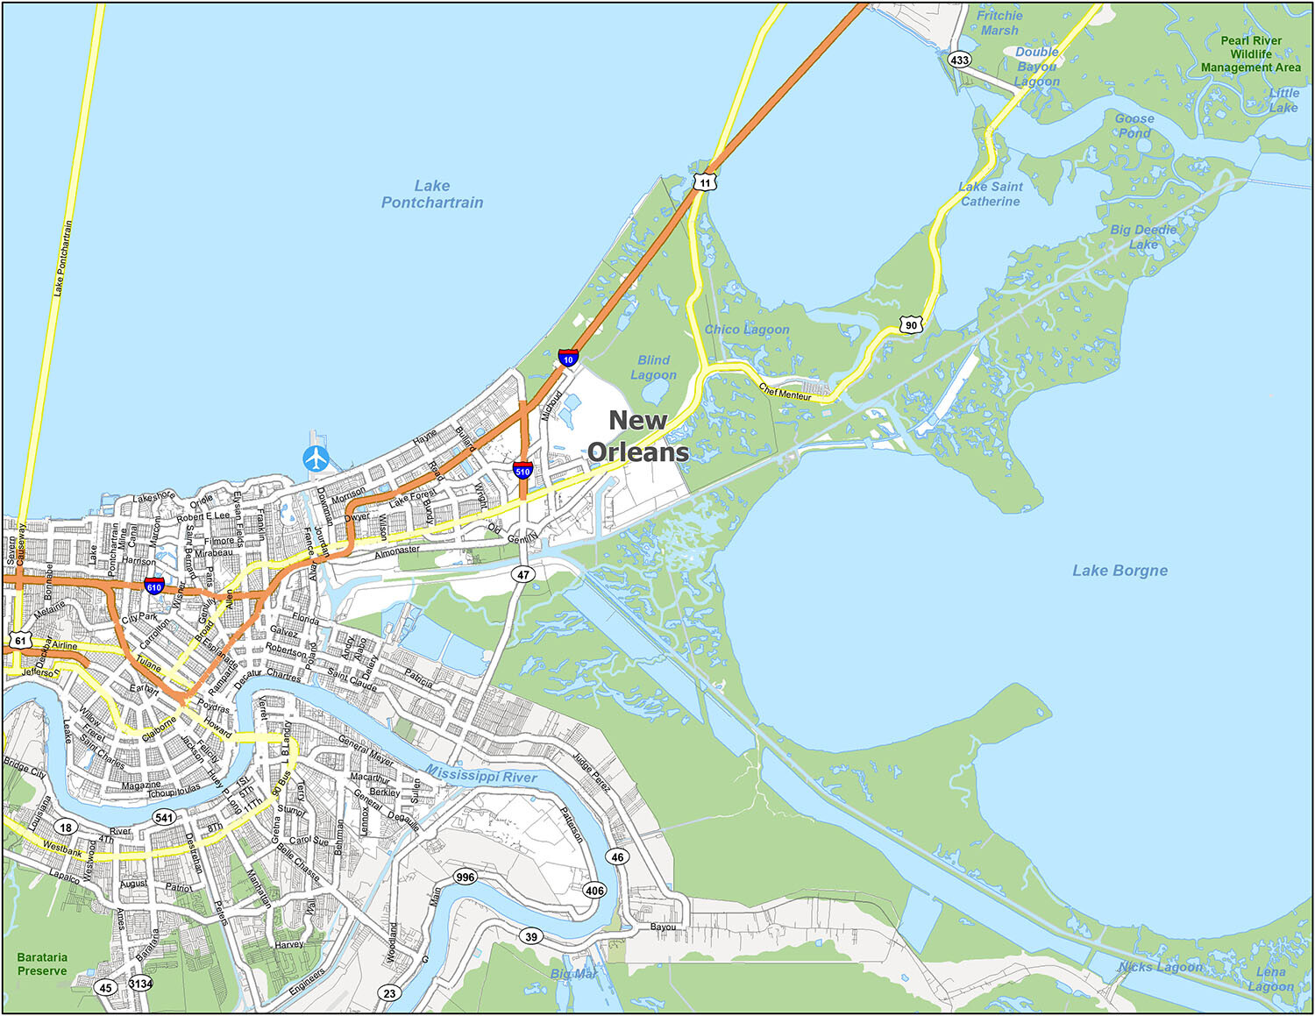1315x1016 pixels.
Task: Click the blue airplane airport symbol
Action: click(x=316, y=458)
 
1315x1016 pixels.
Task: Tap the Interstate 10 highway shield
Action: click(x=568, y=358)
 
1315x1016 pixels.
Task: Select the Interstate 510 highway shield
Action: click(x=522, y=470)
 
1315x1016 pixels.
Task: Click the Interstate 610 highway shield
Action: click(x=154, y=586)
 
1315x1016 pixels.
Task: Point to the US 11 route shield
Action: click(x=705, y=182)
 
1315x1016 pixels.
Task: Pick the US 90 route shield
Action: click(x=912, y=324)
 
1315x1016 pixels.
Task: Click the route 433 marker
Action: click(x=960, y=60)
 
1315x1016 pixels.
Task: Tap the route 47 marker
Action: click(x=523, y=575)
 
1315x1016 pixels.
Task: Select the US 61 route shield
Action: click(x=20, y=641)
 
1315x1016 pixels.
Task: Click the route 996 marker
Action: click(x=465, y=877)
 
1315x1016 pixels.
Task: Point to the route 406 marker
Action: click(x=594, y=891)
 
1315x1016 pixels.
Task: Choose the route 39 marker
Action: click(x=531, y=936)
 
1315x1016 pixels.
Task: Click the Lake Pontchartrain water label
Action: click(x=432, y=194)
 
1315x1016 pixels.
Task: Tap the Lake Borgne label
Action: click(x=1120, y=571)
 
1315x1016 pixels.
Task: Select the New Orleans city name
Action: click(x=638, y=436)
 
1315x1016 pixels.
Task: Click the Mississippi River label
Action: click(x=481, y=774)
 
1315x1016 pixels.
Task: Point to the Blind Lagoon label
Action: click(x=653, y=367)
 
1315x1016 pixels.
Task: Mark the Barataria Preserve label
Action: click(x=42, y=964)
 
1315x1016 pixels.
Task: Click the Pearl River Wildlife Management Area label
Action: click(x=1250, y=53)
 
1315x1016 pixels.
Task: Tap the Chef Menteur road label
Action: click(x=785, y=393)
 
